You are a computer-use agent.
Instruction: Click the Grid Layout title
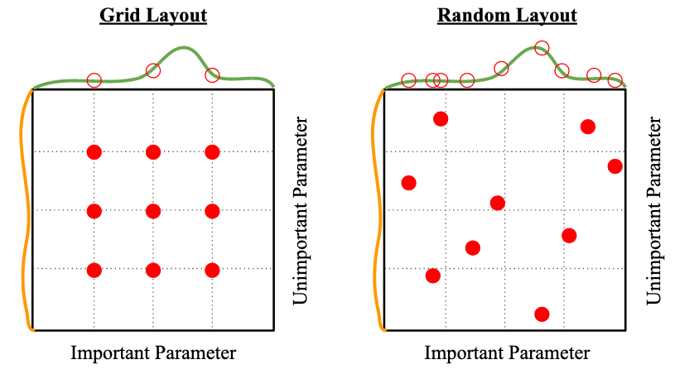153,16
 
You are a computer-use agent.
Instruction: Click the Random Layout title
506,16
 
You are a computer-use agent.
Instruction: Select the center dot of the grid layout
153,211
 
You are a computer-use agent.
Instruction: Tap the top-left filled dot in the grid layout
94,151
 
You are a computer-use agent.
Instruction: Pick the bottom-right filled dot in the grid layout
212,270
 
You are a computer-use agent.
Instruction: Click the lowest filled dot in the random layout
542,314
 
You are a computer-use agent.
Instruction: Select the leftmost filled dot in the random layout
408,182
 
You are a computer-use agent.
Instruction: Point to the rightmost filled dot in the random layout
615,166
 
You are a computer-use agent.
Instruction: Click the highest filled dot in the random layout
441,119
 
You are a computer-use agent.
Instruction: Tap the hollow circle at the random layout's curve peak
542,48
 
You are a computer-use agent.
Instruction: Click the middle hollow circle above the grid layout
153,71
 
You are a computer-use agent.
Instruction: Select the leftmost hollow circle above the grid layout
94,80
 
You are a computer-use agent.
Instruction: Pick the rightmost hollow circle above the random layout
615,80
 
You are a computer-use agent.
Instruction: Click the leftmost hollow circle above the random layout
408,80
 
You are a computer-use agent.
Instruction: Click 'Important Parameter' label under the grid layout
153,353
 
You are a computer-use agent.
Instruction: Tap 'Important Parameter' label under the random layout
507,353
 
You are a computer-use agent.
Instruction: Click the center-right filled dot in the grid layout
212,211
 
